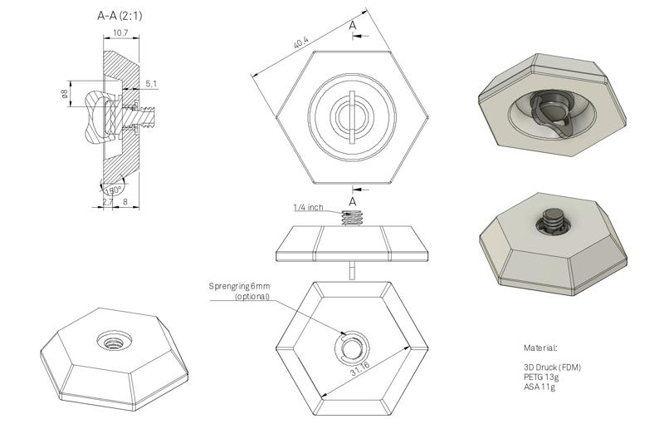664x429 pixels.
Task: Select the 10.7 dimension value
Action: (x=120, y=33)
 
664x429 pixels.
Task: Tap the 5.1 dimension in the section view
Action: (x=150, y=83)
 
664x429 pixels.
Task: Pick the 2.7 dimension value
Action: (x=108, y=201)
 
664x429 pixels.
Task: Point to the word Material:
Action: (x=540, y=348)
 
